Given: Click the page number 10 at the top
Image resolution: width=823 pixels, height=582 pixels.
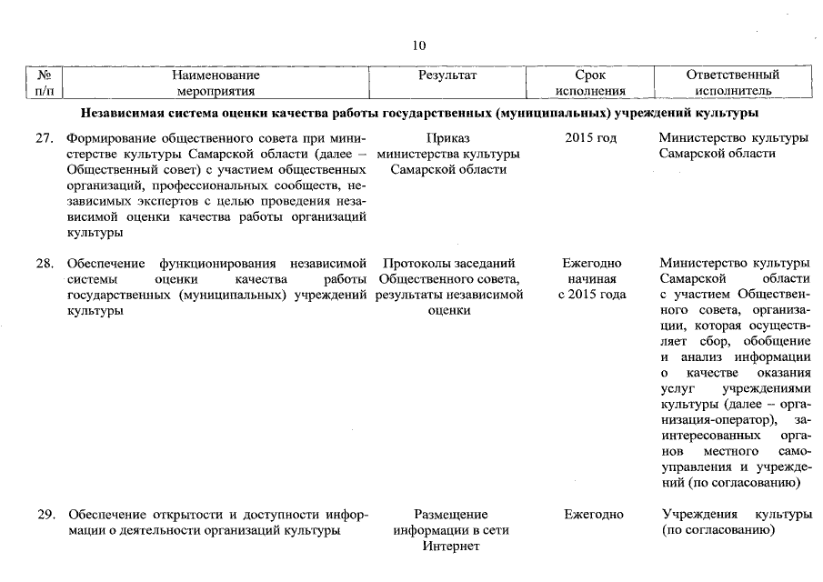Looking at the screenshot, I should click(418, 46).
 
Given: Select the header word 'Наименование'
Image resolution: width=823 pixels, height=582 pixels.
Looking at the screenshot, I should click(216, 75).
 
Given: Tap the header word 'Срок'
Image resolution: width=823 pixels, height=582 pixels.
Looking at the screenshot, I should click(591, 75).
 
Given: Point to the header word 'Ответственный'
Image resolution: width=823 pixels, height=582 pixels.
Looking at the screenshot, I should click(733, 75).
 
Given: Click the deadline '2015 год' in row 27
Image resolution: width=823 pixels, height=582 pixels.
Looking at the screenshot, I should click(591, 138).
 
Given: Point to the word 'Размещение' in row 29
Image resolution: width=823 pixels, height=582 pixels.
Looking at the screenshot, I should click(450, 515).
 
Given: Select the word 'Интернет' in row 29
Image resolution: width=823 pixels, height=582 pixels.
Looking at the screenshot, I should click(450, 547).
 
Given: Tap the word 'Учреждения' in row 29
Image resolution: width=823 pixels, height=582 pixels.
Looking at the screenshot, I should click(698, 515).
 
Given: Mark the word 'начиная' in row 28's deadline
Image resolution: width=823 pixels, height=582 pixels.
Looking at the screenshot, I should click(592, 279).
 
